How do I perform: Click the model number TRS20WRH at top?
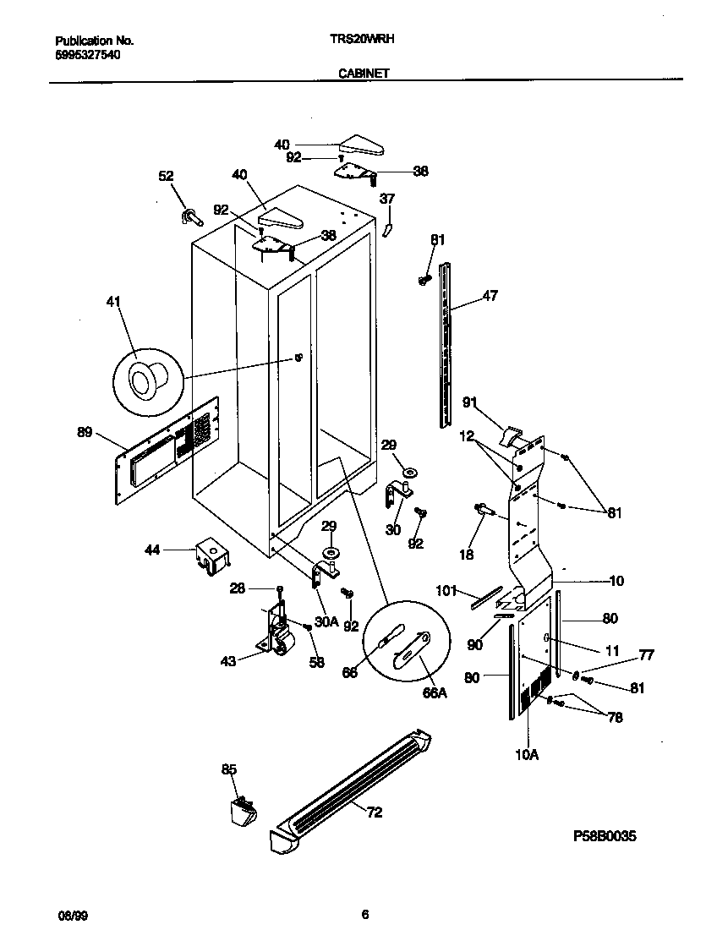click(362, 39)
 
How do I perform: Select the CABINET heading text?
click(364, 74)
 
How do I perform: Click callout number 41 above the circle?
click(114, 301)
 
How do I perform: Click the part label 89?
click(85, 433)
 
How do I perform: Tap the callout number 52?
click(166, 176)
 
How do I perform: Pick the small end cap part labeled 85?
click(243, 809)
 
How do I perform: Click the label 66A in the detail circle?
click(433, 692)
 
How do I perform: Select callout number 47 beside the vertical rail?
click(490, 296)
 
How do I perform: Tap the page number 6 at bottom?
click(364, 914)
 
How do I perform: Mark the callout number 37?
click(386, 199)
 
